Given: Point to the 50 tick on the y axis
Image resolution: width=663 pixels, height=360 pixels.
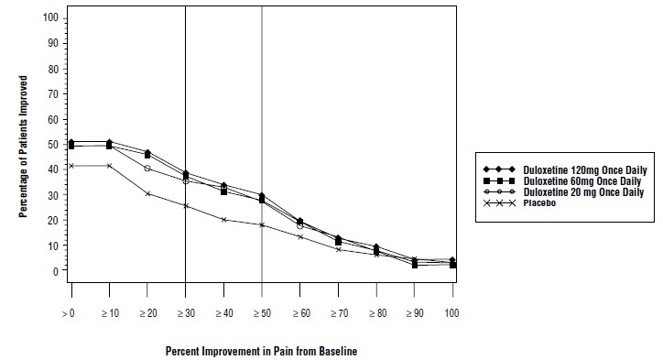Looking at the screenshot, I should [x=52, y=145].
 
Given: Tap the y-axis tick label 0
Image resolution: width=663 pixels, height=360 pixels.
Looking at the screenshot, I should [x=55, y=271].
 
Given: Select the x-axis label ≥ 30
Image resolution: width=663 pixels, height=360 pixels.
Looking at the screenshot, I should [x=185, y=314].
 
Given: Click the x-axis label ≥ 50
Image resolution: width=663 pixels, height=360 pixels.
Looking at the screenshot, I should [x=262, y=314].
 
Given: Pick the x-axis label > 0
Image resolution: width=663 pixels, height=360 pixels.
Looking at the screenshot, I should [x=70, y=314].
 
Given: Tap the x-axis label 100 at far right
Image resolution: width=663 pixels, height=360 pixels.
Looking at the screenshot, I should [x=452, y=314].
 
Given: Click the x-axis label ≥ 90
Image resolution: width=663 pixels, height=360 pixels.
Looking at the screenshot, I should [x=414, y=314].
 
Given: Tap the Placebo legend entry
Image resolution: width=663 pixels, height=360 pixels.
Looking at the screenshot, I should [x=540, y=202].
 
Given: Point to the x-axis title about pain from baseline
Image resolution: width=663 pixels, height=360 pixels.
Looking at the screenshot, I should [x=261, y=350].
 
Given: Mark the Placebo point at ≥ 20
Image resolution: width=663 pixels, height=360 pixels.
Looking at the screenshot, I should [x=147, y=193].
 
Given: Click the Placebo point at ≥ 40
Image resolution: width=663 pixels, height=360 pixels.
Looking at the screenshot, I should [x=223, y=220].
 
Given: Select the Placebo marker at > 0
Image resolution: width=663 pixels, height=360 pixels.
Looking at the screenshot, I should [x=71, y=166].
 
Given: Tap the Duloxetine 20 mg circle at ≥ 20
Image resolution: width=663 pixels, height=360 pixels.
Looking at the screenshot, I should [x=147, y=169].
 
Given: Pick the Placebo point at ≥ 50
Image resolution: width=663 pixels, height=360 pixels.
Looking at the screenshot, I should [x=262, y=225].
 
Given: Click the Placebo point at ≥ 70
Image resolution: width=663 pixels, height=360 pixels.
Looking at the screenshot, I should [x=338, y=249].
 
